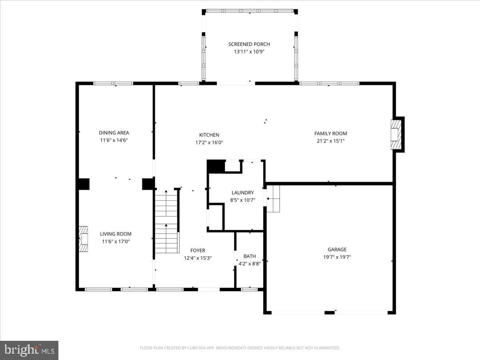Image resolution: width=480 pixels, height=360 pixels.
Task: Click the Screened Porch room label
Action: pos(249,44)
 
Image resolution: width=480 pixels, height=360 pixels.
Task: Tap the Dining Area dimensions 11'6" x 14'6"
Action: pos(114,140)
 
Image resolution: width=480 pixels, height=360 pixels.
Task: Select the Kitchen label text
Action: pos(209,135)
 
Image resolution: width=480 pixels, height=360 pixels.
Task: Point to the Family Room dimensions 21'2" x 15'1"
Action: pos(331,141)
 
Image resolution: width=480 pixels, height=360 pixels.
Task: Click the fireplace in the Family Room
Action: pos(396,135)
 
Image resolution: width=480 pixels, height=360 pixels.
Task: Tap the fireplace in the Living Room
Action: pos(83,239)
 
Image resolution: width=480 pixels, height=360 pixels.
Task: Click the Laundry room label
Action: pos(243,192)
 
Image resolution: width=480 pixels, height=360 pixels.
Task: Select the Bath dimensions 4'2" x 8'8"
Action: pos(250,264)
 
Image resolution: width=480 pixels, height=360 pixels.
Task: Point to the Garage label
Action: pos(337,249)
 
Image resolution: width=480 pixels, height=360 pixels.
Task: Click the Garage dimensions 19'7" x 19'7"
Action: pos(337,257)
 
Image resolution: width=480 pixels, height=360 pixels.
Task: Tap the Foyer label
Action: pos(198,250)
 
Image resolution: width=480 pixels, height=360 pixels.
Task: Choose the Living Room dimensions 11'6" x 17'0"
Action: pos(116,242)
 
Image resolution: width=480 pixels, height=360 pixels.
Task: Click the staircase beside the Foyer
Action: pos(166,222)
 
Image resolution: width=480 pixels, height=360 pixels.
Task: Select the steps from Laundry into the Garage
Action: pos(273,199)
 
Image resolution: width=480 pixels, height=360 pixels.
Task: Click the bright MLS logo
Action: pos(29,350)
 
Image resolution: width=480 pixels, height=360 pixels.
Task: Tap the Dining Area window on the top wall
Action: pos(113,83)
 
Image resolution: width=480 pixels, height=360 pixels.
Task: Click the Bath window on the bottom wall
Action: pos(249,289)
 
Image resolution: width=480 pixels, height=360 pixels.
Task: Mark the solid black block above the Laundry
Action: pos(216,166)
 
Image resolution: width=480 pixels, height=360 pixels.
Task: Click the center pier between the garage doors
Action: pos(330,312)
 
